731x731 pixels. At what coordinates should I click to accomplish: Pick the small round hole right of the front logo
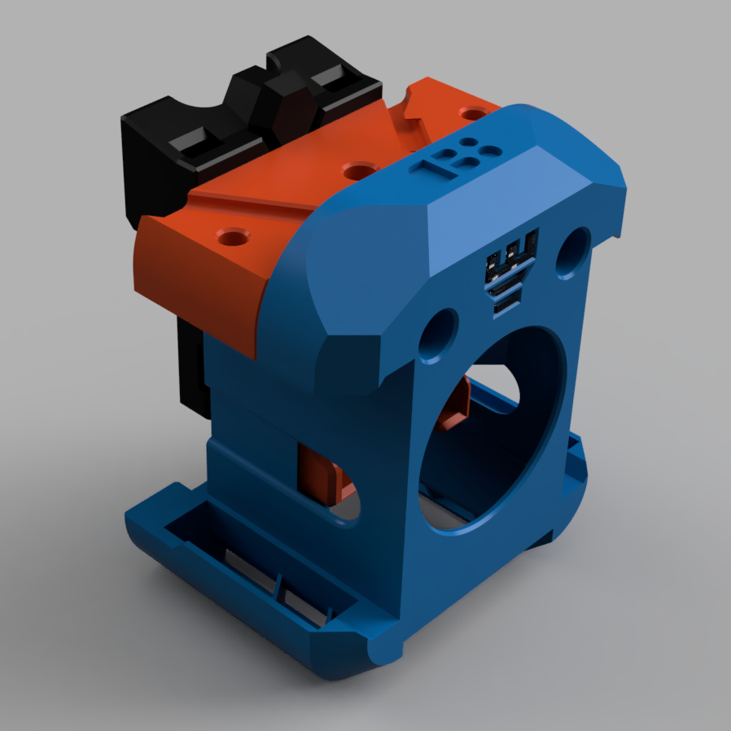coord(574,249)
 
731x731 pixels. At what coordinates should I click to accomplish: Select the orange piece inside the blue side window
coord(322,473)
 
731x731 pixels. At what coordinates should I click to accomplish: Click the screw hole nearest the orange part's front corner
coord(234,239)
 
